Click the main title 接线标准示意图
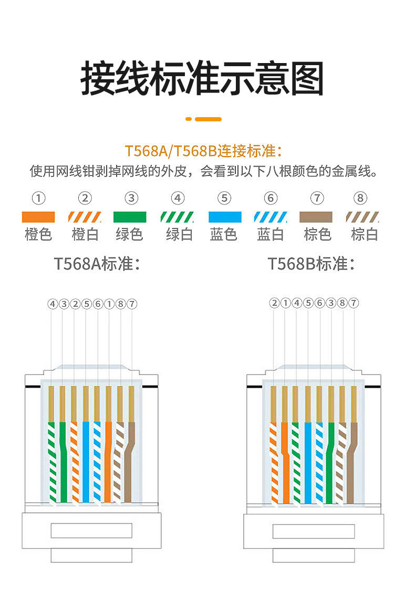202,79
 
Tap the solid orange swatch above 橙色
38,217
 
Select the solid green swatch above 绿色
130,217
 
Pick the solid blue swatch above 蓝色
225,217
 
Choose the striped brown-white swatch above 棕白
363,217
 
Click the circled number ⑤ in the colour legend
224,198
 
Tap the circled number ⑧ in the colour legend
360,198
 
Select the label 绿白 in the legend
179,234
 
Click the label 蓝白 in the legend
271,234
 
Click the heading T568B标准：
312,264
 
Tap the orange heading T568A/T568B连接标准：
204,151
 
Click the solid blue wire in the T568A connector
86,462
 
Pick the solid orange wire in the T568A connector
108,462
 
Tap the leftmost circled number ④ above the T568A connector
52,304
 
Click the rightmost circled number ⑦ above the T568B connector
354,303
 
